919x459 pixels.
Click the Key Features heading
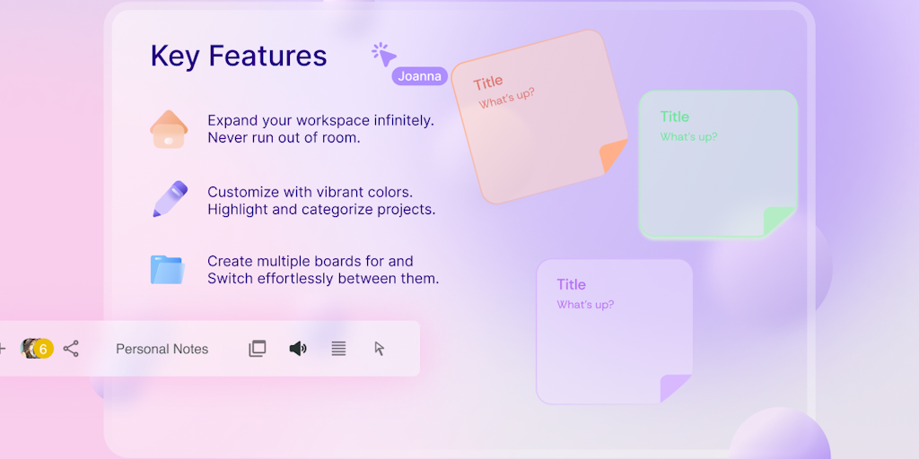click(x=239, y=56)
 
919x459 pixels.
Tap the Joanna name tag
click(x=420, y=76)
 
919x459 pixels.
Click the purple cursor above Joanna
click(x=384, y=55)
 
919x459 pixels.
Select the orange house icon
click(x=169, y=129)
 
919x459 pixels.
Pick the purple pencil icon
click(x=170, y=199)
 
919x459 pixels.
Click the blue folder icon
click(x=168, y=270)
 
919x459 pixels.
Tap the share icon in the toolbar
click(x=71, y=349)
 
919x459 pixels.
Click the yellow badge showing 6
click(x=43, y=349)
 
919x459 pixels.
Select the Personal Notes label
click(x=162, y=349)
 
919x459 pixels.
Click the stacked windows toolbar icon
click(x=258, y=349)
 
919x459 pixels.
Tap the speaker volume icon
click(x=298, y=349)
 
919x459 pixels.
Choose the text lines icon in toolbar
click(x=338, y=349)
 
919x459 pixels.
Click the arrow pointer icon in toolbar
click(x=380, y=349)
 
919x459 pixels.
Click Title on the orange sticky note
click(x=488, y=83)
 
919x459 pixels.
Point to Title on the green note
click(x=675, y=117)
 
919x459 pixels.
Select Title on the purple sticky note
click(x=572, y=284)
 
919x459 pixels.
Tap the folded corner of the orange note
click(x=611, y=154)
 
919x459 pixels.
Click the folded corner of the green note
click(x=778, y=221)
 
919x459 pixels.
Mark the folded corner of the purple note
click(x=675, y=387)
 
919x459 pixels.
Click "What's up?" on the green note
click(x=688, y=137)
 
